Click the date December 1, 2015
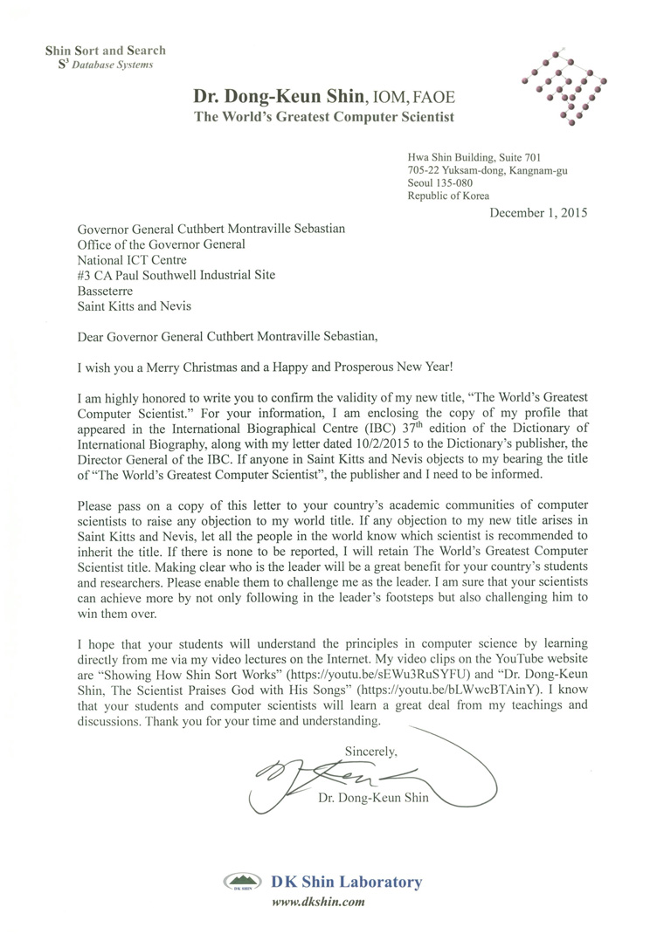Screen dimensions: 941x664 (x=537, y=212)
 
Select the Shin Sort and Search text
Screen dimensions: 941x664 (x=106, y=52)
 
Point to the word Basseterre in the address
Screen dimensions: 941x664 (x=109, y=290)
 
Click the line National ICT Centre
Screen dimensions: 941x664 (x=134, y=259)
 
